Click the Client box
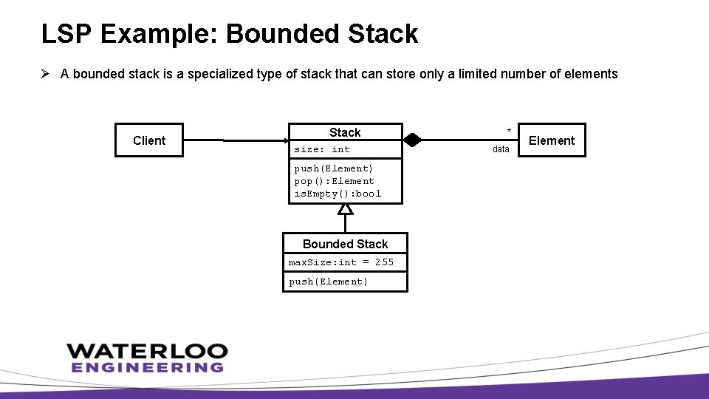coord(148,140)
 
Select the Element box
coord(551,140)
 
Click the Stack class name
coord(345,132)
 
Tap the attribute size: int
coord(322,149)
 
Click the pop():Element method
coord(334,181)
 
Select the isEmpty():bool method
coord(338,194)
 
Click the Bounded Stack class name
coord(345,244)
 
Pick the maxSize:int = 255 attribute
coord(340,262)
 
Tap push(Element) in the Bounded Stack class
coord(328,282)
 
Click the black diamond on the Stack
coord(412,140)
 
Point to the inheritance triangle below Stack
coord(345,208)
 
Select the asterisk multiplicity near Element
coord(508,132)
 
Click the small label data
coord(501,149)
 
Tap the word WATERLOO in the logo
coord(147,351)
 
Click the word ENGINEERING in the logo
coord(147,367)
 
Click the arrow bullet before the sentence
coord(46,73)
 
